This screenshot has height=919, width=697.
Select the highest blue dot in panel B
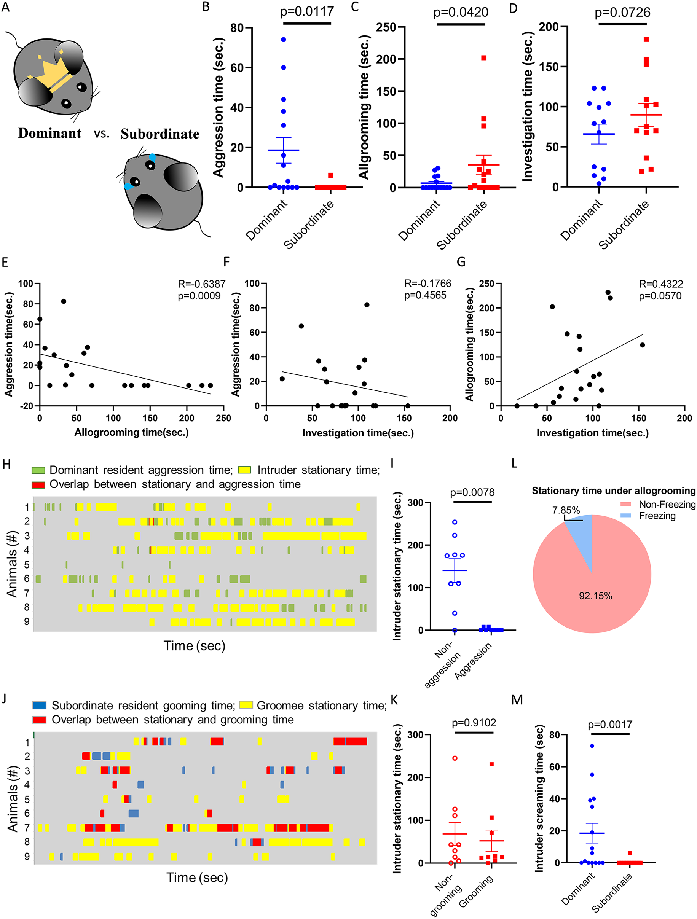(284, 40)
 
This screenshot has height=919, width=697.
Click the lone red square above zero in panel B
(330, 175)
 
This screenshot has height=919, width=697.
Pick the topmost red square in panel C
(484, 58)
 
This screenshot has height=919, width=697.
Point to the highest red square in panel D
(646, 40)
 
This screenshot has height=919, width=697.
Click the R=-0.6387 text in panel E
(202, 284)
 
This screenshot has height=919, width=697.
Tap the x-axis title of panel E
(131, 433)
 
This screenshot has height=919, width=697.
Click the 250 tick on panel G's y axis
(486, 284)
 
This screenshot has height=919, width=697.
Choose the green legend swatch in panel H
(38, 470)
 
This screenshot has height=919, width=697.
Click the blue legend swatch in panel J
(40, 705)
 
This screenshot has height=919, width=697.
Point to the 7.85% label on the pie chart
(566, 510)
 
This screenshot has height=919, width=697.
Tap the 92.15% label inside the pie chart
(595, 596)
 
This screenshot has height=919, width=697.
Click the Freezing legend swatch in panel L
(625, 516)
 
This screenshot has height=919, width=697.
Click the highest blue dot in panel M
(592, 746)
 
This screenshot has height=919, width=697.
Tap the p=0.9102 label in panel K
(474, 723)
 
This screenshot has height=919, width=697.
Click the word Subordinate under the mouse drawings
(160, 134)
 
